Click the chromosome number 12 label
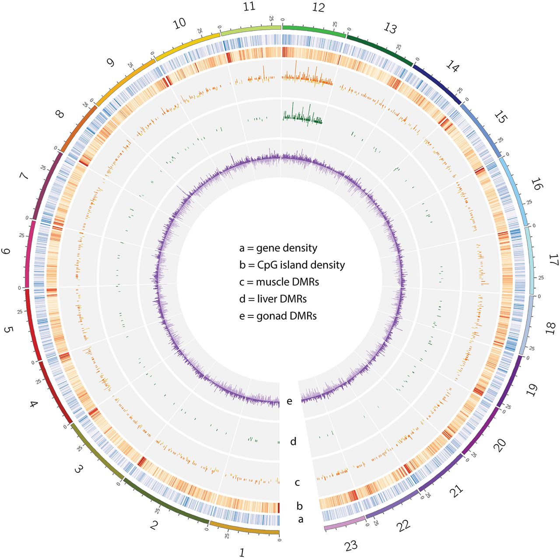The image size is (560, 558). pyautogui.click(x=318, y=7)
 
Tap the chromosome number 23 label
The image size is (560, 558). pyautogui.click(x=351, y=545)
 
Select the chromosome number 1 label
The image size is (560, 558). pyautogui.click(x=241, y=552)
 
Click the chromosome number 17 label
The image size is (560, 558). pyautogui.click(x=553, y=262)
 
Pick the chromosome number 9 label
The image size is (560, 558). pyautogui.click(x=110, y=63)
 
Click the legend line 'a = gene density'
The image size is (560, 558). pyautogui.click(x=278, y=248)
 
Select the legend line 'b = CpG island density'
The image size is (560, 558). pyautogui.click(x=292, y=265)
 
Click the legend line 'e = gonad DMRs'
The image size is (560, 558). pyautogui.click(x=277, y=316)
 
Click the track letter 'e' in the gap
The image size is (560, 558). pyautogui.click(x=289, y=401)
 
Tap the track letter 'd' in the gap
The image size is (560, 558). pyautogui.click(x=293, y=442)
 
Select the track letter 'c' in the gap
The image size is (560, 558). pyautogui.click(x=297, y=483)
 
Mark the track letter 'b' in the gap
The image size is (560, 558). pyautogui.click(x=300, y=506)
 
